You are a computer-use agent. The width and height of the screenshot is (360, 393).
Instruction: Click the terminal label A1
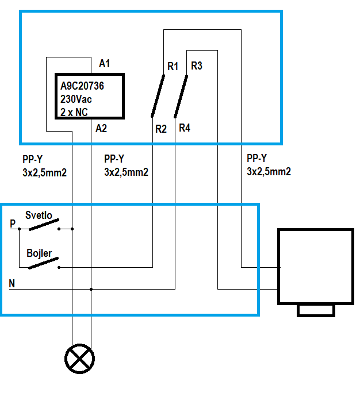pos(105,63)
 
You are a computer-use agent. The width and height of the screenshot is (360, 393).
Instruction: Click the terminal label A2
pos(101,128)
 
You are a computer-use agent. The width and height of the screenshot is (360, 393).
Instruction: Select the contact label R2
pos(161,129)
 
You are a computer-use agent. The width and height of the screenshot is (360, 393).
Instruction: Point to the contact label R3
pos(196,65)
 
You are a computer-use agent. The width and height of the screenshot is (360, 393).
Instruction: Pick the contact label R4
pos(185,128)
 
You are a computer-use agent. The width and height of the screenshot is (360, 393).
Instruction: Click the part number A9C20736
pos(91,86)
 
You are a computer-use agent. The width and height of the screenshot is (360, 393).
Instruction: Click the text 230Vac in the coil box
pos(76,99)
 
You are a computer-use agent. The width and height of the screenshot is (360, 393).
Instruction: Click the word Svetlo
pos(39,215)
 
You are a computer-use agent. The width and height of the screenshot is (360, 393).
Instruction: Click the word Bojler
pos(39,253)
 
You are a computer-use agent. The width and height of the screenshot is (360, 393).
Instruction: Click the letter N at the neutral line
pos(13,283)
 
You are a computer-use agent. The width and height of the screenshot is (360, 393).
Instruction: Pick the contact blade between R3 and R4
pos(181,96)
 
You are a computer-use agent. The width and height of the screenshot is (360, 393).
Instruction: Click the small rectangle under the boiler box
pos(315,310)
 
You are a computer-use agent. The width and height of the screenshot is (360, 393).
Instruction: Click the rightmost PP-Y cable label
pos(269,165)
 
